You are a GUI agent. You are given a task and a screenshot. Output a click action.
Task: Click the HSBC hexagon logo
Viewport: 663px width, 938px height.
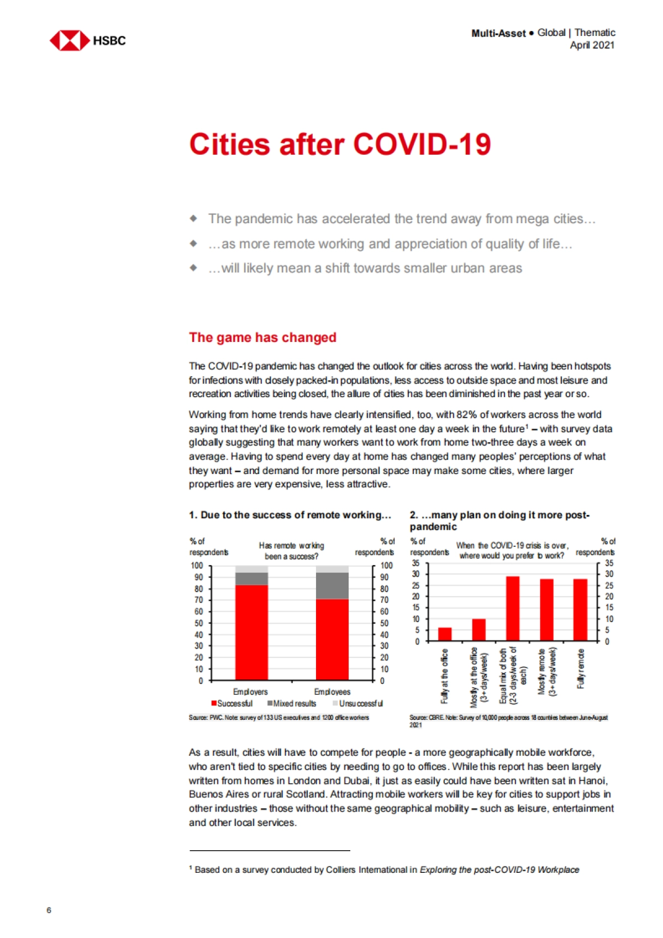(x=70, y=40)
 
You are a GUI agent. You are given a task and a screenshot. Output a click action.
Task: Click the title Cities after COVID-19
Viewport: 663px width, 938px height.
(x=340, y=145)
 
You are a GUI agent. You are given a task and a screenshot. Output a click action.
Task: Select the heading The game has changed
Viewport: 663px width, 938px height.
(x=262, y=338)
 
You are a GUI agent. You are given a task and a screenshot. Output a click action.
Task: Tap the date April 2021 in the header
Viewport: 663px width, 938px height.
(x=592, y=45)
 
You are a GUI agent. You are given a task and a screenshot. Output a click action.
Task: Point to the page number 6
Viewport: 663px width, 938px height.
(x=49, y=910)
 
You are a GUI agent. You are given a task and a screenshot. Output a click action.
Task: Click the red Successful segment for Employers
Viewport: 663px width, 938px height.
(x=251, y=632)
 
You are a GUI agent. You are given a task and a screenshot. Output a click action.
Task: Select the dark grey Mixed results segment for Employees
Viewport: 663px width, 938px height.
(x=332, y=586)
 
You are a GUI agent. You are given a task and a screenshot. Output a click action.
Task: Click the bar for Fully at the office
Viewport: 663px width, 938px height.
(x=445, y=634)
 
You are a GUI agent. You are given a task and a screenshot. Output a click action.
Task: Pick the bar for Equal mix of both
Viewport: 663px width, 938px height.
(x=513, y=608)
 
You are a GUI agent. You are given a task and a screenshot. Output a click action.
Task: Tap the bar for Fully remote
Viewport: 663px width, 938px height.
(x=580, y=610)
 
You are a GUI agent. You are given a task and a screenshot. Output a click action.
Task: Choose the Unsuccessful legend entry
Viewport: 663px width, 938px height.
(x=357, y=703)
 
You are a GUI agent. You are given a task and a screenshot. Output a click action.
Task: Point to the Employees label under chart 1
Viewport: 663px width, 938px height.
(x=332, y=692)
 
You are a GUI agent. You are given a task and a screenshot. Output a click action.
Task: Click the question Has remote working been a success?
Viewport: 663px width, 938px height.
(x=291, y=551)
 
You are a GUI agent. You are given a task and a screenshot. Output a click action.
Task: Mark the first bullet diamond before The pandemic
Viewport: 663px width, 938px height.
(x=193, y=218)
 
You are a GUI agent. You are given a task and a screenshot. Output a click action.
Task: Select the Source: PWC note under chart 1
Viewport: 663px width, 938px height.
(x=278, y=718)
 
